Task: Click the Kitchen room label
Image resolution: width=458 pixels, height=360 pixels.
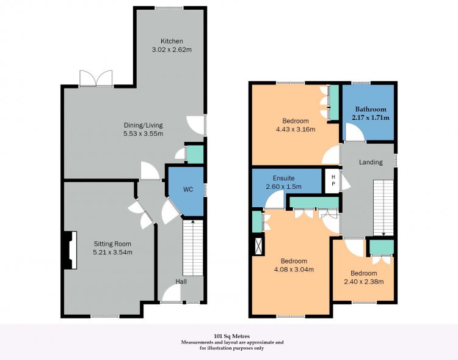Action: pos(172,41)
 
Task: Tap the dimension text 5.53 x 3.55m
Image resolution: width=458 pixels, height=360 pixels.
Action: pos(143,134)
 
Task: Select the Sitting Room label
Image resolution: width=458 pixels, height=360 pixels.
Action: pos(112,244)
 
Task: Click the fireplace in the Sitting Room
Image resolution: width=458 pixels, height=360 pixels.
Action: pos(70,250)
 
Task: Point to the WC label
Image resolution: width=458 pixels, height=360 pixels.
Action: pos(188,189)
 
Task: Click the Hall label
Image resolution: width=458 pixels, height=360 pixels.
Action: pos(181,281)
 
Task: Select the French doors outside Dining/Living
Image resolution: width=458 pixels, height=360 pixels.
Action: pos(96,78)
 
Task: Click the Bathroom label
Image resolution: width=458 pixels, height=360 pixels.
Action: pos(371,109)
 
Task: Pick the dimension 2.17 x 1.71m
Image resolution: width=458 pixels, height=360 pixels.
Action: pos(371,117)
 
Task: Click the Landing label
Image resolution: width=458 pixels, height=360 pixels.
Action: pos(371,162)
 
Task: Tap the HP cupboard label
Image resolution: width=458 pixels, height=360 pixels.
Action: pos(333,180)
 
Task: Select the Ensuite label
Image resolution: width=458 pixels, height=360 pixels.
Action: pos(283,178)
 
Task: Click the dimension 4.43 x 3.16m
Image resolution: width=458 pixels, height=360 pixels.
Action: pos(296,129)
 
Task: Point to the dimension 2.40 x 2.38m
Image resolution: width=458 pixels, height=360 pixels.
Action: pos(364,282)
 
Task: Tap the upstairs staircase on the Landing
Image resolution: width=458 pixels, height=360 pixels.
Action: pos(383,208)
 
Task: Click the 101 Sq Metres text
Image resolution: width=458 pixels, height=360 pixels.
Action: pos(232,336)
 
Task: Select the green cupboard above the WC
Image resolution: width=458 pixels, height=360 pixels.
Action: pos(195,154)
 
